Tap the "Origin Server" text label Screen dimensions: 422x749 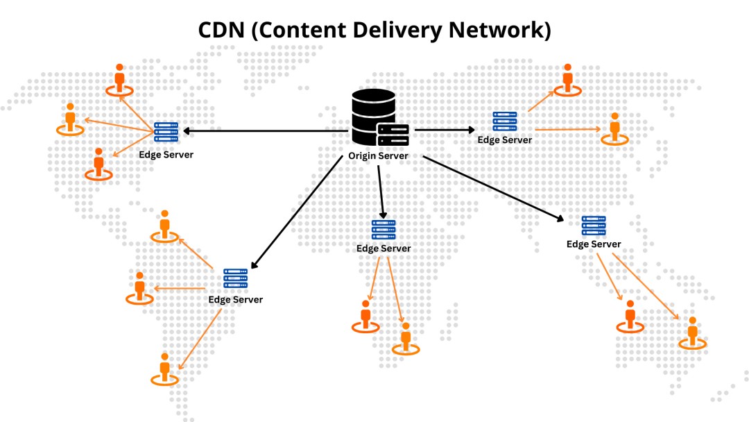[x=378, y=155]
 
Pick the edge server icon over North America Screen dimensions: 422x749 [x=166, y=132]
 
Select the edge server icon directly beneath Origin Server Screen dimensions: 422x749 [x=384, y=230]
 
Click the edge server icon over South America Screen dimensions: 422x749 [x=236, y=278]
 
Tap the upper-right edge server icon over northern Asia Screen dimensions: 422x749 [x=505, y=121]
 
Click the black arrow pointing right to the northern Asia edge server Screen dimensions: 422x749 [x=445, y=130]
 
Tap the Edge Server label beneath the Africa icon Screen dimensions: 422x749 [x=384, y=248]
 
